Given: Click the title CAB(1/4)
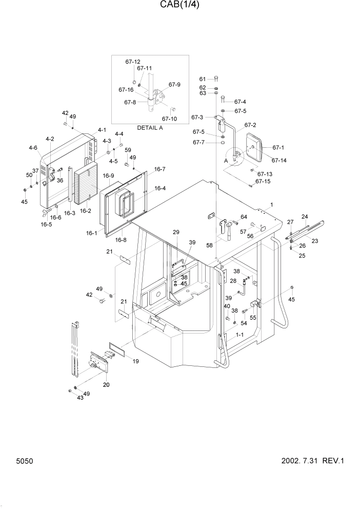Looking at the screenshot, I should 179,6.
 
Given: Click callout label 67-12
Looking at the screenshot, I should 133,62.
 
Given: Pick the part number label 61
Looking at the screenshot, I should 203,79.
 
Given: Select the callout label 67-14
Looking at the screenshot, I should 279,161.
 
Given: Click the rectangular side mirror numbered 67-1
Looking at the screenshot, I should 254,147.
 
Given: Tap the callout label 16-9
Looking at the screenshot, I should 108,176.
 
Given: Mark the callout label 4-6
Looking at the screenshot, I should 33,148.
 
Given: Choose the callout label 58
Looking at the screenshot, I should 210,246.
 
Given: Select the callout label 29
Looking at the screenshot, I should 176,232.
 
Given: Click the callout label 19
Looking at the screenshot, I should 136,361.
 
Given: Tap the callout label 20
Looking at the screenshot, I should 106,385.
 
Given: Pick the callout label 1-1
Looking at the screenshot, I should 239,335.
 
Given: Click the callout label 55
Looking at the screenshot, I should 252,318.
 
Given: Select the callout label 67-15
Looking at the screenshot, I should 263,181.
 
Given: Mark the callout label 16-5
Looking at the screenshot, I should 46,224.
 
